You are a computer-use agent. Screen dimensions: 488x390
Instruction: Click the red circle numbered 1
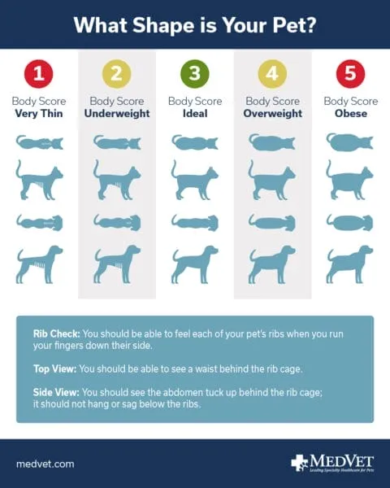pos(39,75)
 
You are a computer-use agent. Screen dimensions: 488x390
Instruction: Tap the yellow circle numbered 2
pos(117,75)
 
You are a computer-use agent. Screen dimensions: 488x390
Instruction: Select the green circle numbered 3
pos(195,75)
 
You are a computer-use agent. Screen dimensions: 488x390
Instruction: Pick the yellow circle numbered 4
pos(273,75)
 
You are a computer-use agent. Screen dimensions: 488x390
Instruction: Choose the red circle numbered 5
pos(351,75)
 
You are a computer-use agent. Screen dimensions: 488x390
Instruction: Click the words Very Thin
pos(39,114)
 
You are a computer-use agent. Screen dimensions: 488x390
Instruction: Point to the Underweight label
pos(117,114)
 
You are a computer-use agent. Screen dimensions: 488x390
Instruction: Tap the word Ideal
pos(195,114)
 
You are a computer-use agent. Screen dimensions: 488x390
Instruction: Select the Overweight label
pos(273,114)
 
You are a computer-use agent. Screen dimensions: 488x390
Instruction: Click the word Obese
pos(351,114)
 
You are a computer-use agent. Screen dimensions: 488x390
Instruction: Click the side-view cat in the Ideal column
pos(195,180)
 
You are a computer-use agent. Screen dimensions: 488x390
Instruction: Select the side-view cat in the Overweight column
pos(273,180)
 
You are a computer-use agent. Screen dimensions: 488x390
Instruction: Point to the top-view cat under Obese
pos(351,142)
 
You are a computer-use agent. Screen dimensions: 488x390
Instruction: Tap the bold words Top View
pos(55,368)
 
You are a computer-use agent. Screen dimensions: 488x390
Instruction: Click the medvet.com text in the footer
pos(45,464)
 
